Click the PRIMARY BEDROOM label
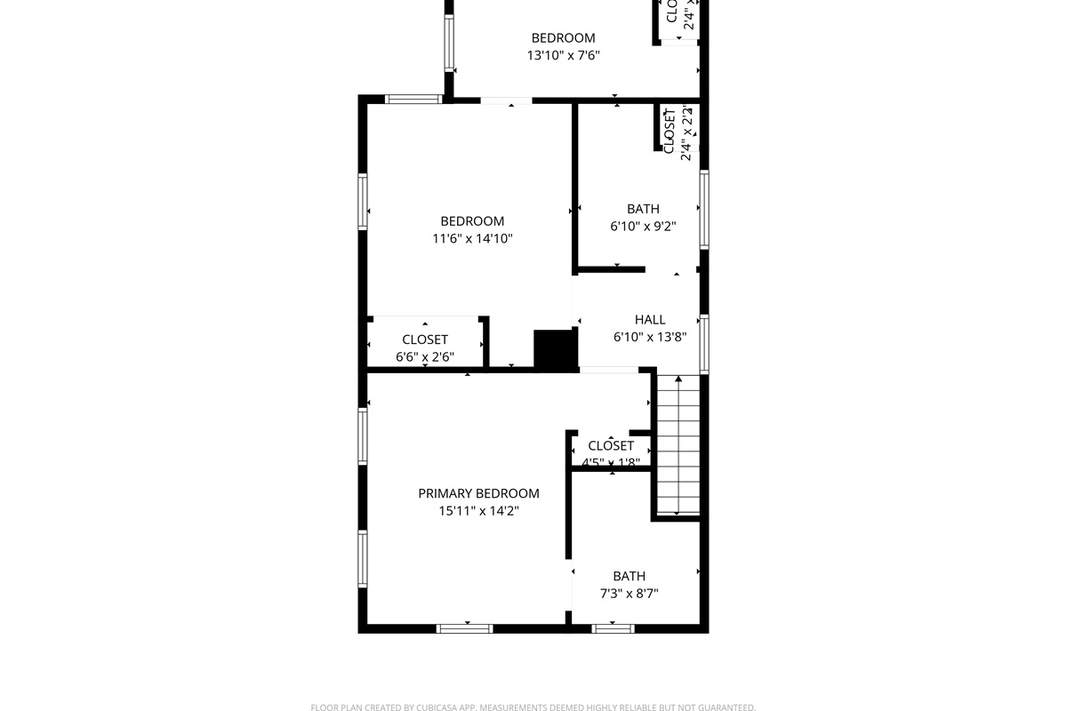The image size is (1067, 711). [478, 494]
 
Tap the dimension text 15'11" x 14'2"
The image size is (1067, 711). [478, 511]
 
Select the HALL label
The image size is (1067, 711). [650, 320]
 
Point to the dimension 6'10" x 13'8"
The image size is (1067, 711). [650, 337]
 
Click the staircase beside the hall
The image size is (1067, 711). [678, 444]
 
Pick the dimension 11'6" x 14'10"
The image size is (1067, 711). [472, 238]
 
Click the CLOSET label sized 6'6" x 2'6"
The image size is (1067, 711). [425, 340]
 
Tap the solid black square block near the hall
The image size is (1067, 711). [555, 349]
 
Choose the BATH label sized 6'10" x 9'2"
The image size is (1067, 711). [643, 209]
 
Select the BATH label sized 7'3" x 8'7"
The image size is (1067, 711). [629, 576]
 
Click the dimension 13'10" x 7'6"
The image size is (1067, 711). [563, 55]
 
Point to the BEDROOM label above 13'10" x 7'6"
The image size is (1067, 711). [563, 38]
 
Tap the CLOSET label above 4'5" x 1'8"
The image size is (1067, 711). [611, 446]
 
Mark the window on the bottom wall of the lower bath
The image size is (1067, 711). [614, 628]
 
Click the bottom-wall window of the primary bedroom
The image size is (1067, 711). [465, 628]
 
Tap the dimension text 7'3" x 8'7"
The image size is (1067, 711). [629, 594]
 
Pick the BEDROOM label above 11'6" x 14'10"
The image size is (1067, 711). [472, 221]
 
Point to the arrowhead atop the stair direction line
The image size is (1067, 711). [678, 379]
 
